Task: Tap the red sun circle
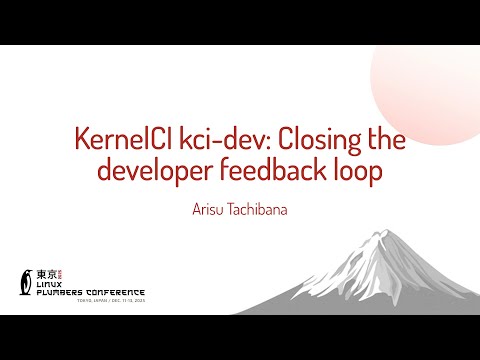click(x=430, y=75)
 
